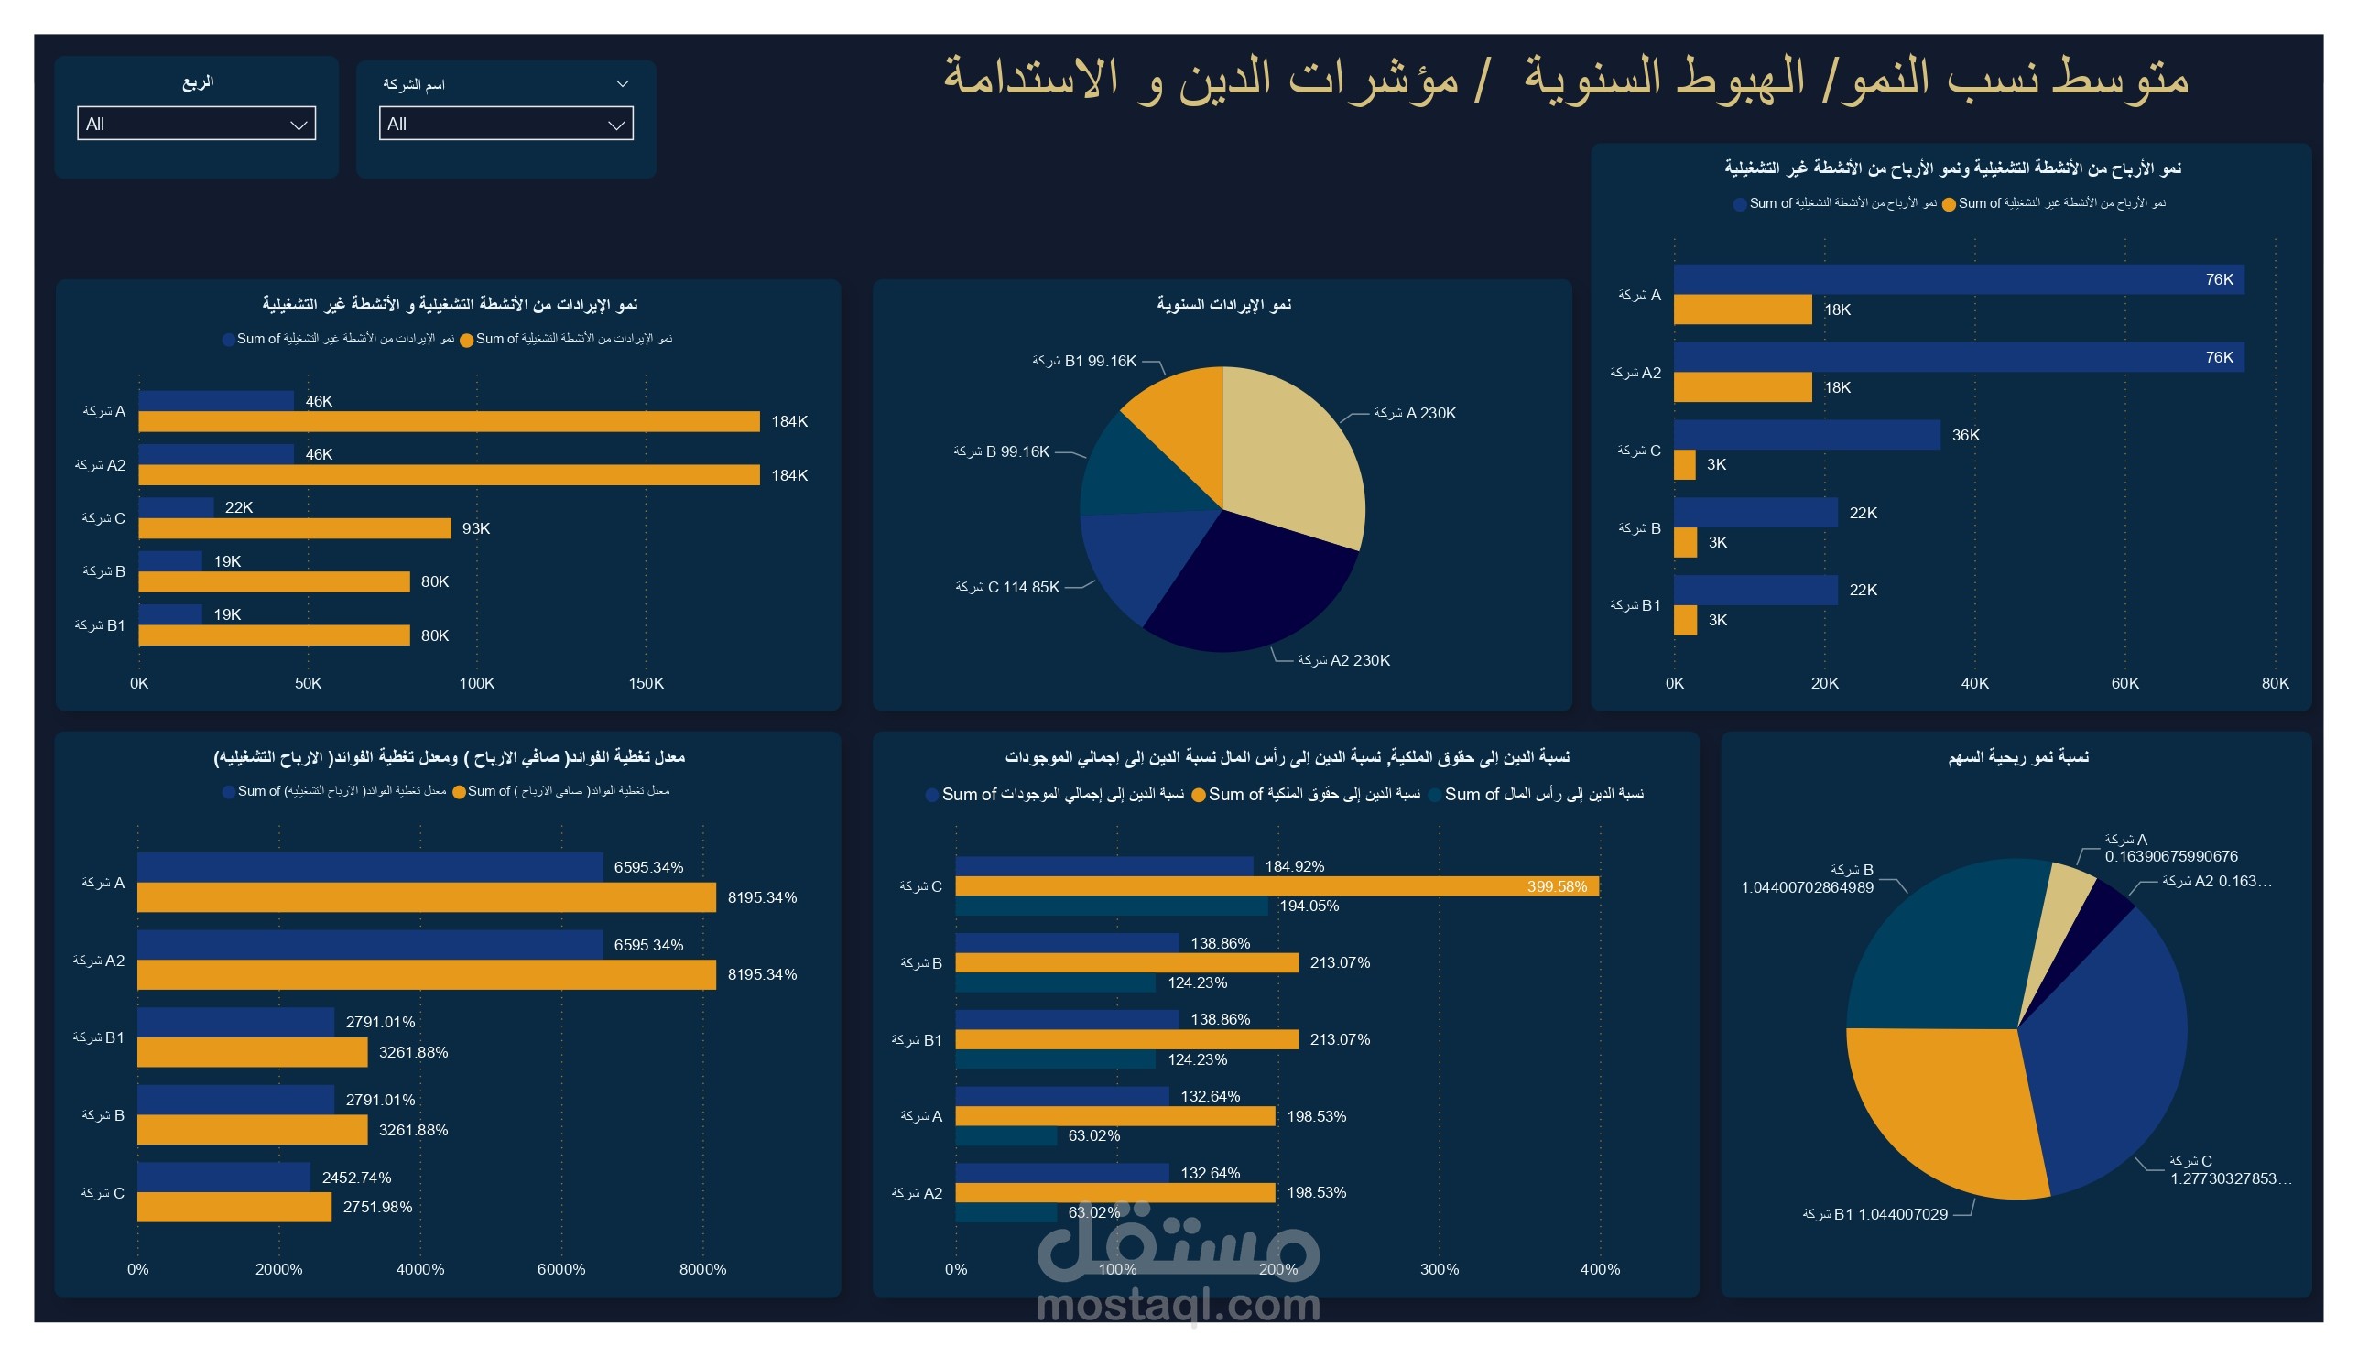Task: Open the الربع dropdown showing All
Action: [196, 124]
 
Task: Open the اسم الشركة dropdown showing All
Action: [505, 124]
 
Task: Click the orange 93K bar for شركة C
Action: [295, 528]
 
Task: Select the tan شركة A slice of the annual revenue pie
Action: [1296, 457]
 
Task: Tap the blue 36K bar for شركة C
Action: [1806, 435]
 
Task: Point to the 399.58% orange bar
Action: [1277, 886]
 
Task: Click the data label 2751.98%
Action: [377, 1208]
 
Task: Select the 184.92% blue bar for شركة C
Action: [1103, 866]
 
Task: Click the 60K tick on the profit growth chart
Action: [2124, 683]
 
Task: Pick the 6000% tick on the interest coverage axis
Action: [561, 1269]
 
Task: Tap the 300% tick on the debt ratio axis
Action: [1439, 1269]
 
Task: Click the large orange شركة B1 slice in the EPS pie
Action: [1939, 1109]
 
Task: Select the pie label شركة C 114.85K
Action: [1006, 587]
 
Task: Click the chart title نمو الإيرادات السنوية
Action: [1223, 305]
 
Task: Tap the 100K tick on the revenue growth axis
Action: [476, 683]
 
